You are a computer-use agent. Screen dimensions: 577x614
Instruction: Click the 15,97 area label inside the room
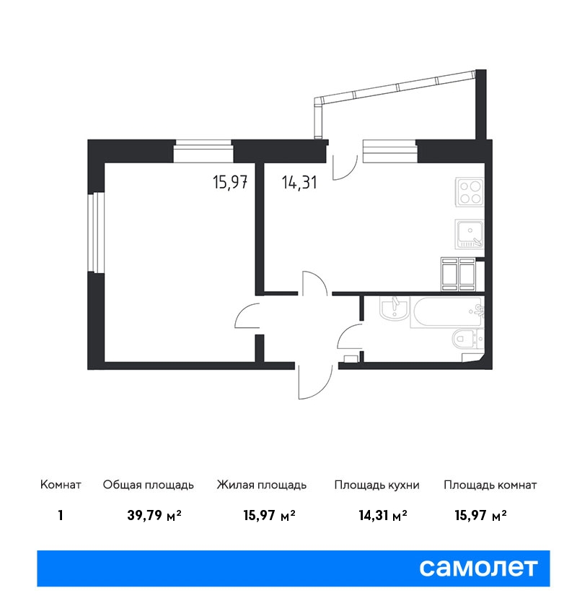(230, 183)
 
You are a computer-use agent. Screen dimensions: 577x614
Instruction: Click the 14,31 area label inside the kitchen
(299, 183)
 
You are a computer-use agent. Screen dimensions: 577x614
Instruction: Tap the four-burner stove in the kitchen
(470, 192)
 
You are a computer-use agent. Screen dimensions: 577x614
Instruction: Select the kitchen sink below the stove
(470, 234)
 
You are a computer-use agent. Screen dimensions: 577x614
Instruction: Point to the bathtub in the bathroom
(447, 312)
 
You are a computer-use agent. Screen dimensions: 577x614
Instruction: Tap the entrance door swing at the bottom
(315, 383)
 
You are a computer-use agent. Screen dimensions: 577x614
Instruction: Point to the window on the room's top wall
(203, 151)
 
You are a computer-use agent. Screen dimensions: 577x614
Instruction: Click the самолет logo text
(478, 568)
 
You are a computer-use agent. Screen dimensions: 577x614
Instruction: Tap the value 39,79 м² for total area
(154, 516)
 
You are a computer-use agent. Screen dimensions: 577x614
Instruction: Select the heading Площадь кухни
(376, 485)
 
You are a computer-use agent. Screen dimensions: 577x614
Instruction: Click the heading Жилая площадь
(262, 485)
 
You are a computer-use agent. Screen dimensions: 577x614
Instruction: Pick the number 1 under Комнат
(61, 516)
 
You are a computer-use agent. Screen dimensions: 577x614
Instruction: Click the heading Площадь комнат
(490, 485)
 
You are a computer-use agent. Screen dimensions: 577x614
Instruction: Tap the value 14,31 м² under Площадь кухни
(383, 516)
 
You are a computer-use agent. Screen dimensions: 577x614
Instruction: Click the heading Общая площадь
(148, 485)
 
